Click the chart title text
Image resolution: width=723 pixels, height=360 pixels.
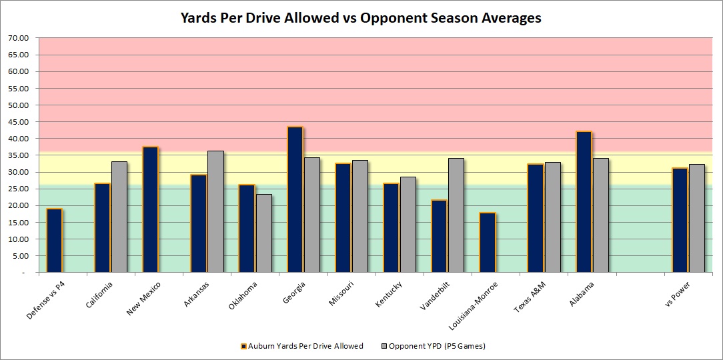361,18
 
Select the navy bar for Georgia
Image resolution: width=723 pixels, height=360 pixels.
295,199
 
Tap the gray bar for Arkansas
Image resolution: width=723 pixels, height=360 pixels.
215,211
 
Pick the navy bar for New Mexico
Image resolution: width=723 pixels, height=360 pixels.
150,209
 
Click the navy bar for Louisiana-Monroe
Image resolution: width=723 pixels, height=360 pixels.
488,242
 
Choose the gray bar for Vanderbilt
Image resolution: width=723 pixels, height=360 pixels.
456,215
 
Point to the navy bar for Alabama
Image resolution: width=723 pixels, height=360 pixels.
584,202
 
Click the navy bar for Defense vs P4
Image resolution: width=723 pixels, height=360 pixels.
54,240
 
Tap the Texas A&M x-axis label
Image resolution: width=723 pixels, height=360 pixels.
528,297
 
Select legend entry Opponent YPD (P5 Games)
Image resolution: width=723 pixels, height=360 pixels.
434,346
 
